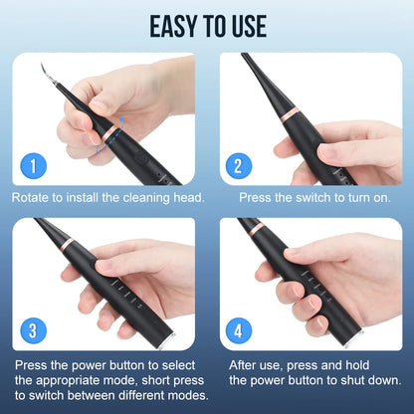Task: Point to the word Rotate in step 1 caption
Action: point(34,197)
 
